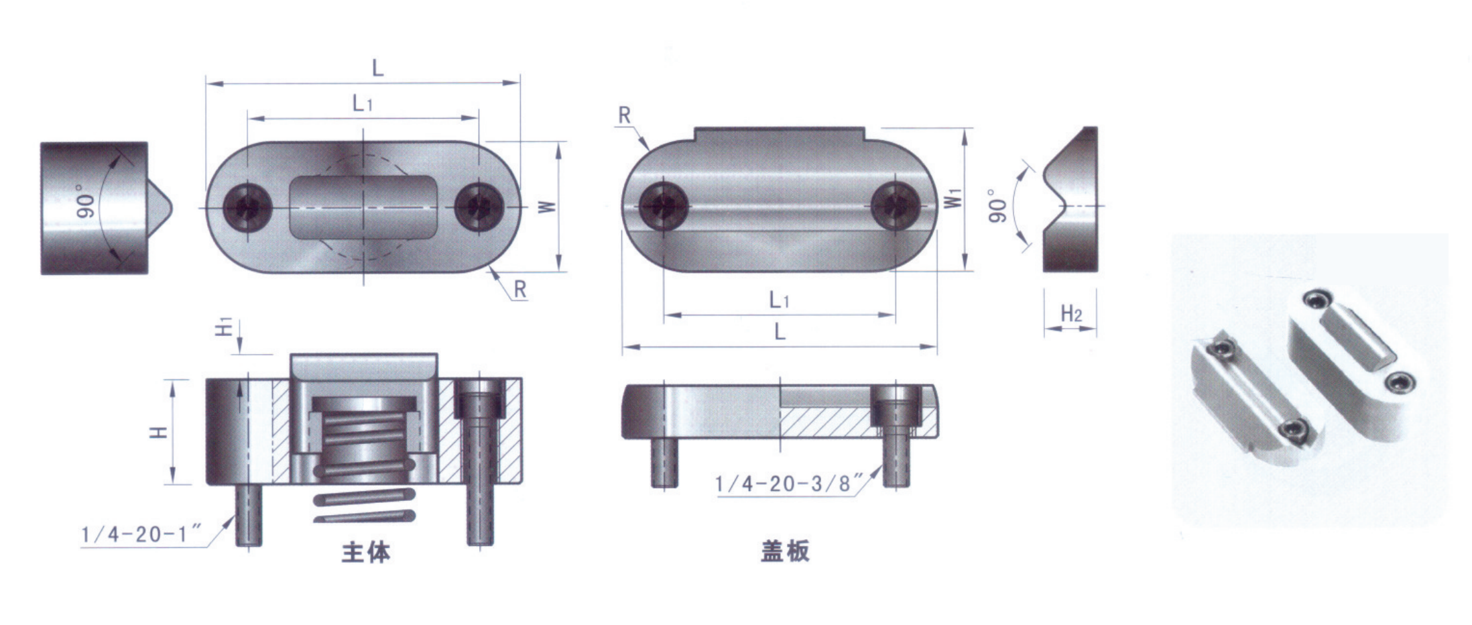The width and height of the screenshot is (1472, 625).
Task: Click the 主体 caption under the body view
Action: pyautogui.click(x=366, y=552)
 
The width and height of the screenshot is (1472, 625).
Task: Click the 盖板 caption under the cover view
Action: pyautogui.click(x=785, y=551)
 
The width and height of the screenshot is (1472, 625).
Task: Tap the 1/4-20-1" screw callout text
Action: pyautogui.click(x=141, y=534)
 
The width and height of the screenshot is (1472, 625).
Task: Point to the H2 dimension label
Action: pyautogui.click(x=1071, y=313)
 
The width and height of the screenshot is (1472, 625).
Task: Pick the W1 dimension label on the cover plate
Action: pyautogui.click(x=953, y=198)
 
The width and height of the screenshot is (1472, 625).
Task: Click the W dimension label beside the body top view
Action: pyautogui.click(x=547, y=207)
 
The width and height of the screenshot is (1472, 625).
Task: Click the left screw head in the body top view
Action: pyautogui.click(x=247, y=207)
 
